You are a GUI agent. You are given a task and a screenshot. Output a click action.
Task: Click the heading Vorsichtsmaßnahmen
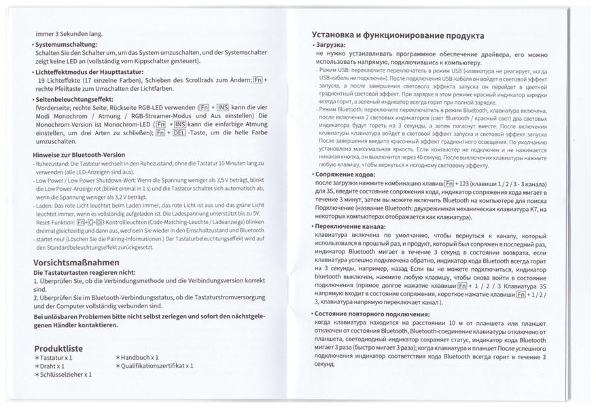click(76, 262)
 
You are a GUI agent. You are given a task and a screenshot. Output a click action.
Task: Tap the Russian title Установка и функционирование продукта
click(398, 35)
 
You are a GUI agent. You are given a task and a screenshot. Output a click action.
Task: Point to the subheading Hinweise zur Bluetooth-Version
click(79, 155)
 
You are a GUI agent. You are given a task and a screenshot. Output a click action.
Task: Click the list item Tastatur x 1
click(56, 357)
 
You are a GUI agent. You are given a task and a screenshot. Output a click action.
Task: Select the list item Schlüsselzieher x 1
click(66, 375)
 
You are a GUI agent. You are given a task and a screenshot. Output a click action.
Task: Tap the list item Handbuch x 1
click(140, 357)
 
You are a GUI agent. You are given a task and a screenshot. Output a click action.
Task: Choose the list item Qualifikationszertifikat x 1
click(158, 366)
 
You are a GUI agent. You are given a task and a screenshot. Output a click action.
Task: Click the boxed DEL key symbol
click(179, 134)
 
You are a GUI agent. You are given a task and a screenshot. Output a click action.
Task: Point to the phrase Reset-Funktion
click(54, 222)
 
